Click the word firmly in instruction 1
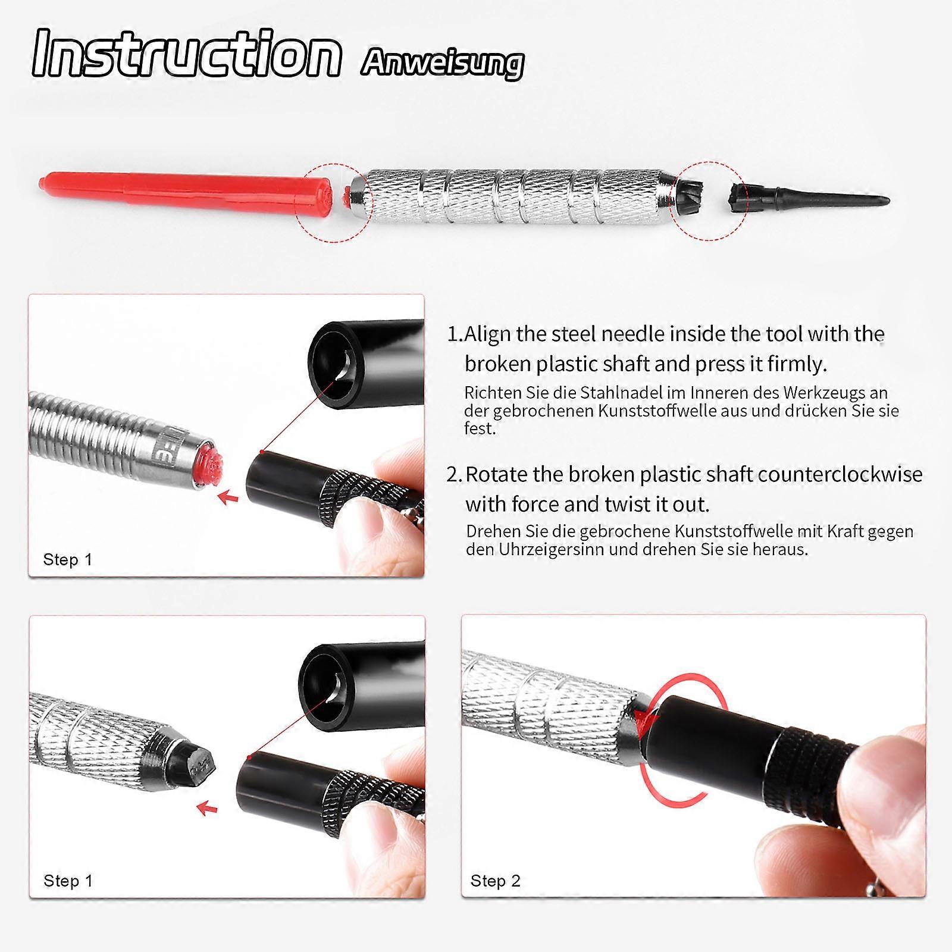pyautogui.click(x=797, y=364)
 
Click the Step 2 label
pyautogui.click(x=495, y=881)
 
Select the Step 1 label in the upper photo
pyautogui.click(x=68, y=559)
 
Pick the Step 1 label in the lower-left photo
pyautogui.click(x=68, y=881)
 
